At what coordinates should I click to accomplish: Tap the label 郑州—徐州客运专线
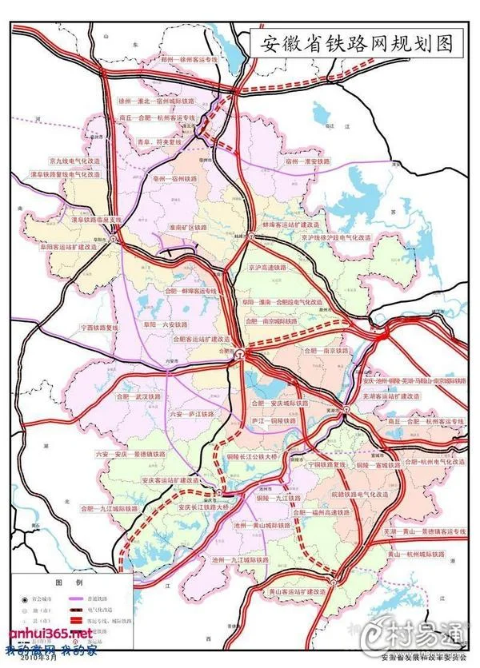[189, 59]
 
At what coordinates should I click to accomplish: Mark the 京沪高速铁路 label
[271, 269]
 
